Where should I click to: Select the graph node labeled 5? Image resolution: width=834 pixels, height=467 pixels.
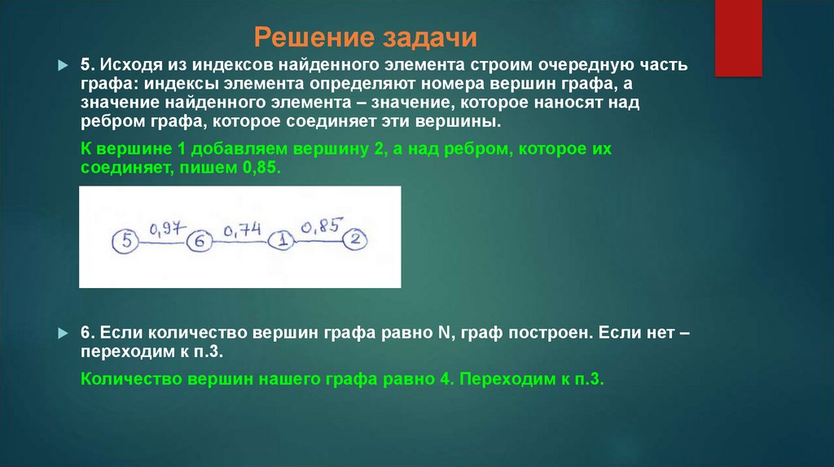125,241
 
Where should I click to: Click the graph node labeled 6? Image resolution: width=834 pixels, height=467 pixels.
200,242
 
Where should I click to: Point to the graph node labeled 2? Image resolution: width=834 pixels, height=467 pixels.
356,239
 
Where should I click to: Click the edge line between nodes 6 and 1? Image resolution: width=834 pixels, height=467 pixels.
241,242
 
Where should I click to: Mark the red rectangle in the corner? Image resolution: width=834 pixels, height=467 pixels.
738,37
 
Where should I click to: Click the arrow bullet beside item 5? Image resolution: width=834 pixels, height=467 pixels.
64,66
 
